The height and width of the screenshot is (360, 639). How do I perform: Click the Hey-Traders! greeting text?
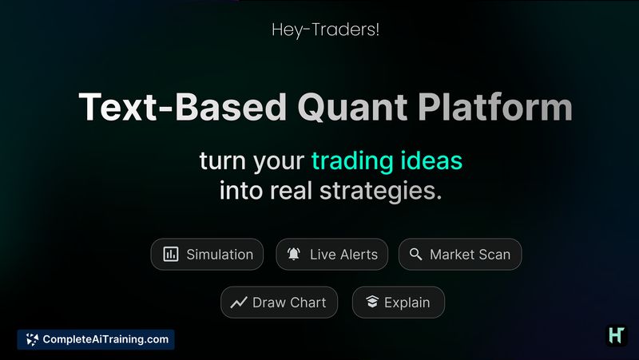(319, 31)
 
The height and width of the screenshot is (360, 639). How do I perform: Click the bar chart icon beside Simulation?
(171, 255)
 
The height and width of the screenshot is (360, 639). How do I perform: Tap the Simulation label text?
(220, 255)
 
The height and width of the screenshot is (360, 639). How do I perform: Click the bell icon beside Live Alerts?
(294, 255)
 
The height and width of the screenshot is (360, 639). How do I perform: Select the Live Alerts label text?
(343, 255)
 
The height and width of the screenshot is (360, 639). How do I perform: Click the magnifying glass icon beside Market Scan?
(415, 255)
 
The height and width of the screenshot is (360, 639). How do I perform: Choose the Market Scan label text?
(470, 255)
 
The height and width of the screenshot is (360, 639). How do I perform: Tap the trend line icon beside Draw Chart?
(239, 303)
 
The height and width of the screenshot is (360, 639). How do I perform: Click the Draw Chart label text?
(289, 303)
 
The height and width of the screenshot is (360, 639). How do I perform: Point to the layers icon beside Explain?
(371, 303)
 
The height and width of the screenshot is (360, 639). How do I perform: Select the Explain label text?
(407, 303)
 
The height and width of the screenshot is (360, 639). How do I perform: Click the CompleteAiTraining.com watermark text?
(105, 339)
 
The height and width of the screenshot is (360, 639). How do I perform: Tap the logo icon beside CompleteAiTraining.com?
(32, 339)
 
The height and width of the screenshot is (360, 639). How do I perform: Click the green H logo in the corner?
(616, 335)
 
